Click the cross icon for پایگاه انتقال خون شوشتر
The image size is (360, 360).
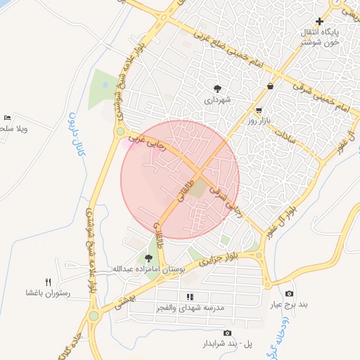point(320,22)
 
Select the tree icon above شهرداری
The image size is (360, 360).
point(218,89)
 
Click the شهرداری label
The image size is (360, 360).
point(218,101)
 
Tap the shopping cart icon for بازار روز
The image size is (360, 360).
point(259,110)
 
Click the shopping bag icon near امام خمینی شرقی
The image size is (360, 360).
point(270,86)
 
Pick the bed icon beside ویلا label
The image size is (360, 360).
point(7,117)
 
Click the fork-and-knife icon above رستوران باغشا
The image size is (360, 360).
point(48,281)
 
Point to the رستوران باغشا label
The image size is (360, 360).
point(48,292)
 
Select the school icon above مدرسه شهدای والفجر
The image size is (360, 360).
point(189,297)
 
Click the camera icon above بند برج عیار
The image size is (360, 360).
point(289,293)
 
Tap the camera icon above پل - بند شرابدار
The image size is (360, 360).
point(226,333)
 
